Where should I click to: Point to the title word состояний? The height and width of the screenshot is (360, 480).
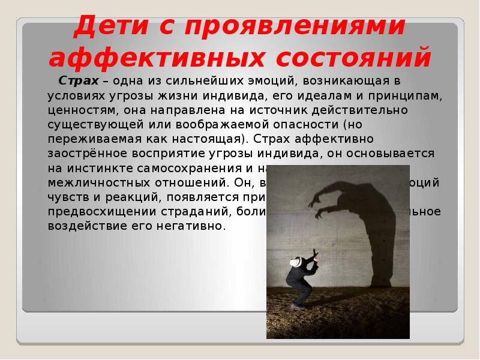349,58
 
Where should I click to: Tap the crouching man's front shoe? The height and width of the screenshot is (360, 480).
295,307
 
